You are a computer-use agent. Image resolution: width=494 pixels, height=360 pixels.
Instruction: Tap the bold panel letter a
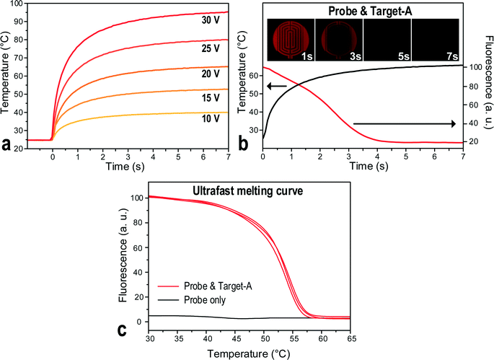(9, 145)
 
